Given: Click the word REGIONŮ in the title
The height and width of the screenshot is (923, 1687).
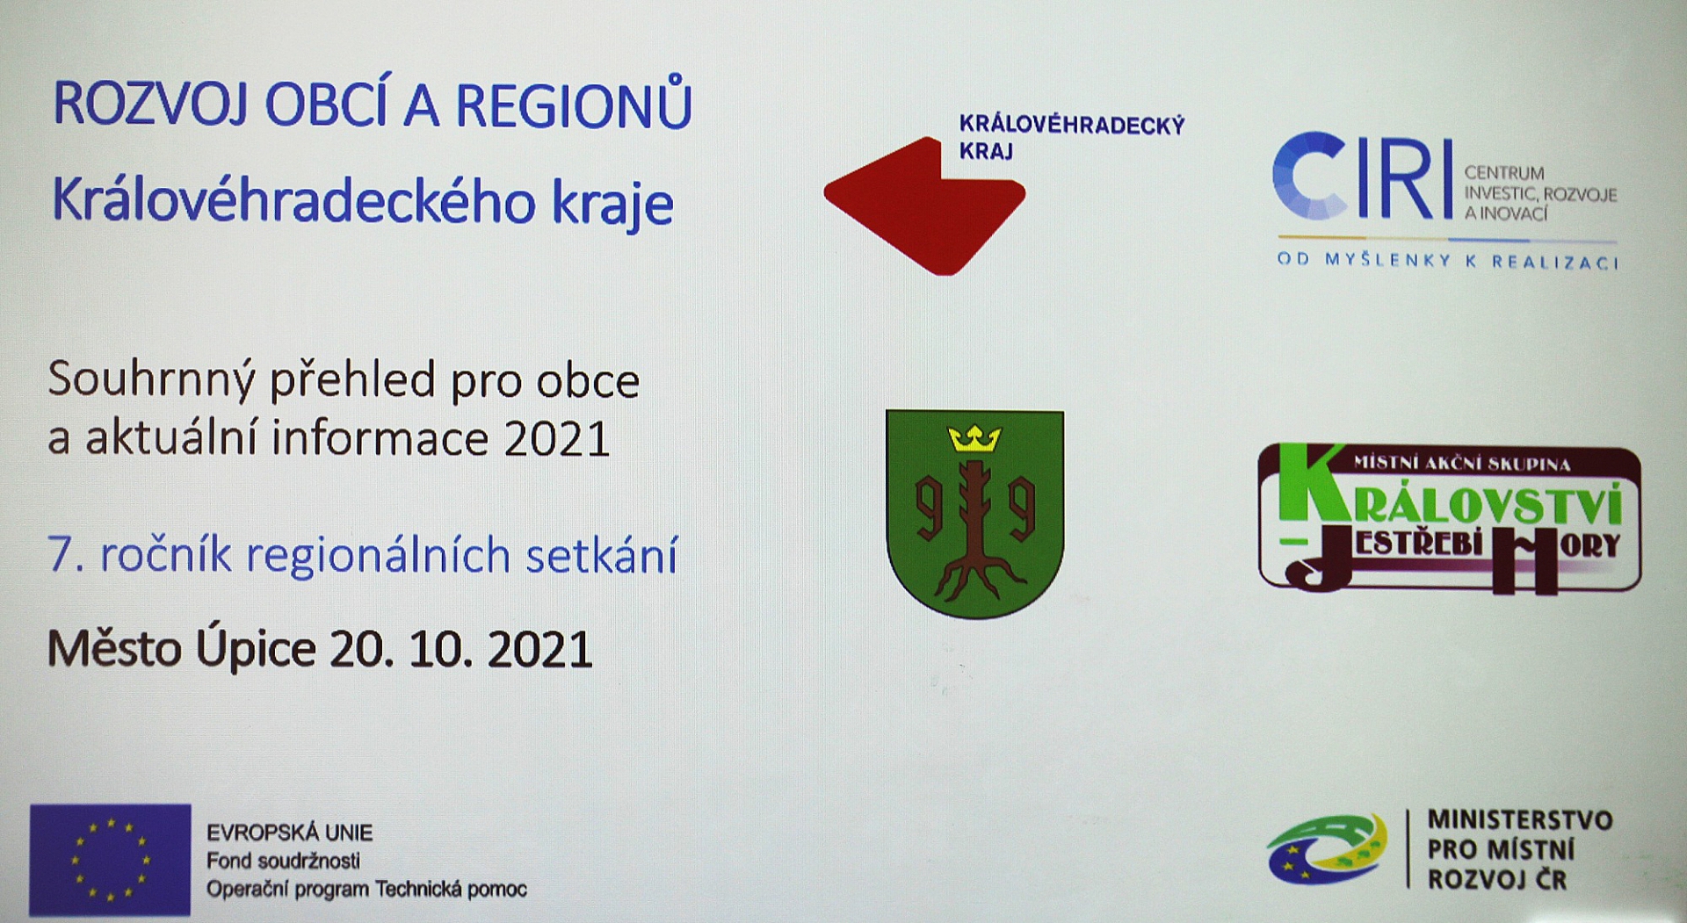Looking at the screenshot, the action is (574, 103).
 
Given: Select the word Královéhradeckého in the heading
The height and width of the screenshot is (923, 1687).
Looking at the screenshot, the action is (293, 201).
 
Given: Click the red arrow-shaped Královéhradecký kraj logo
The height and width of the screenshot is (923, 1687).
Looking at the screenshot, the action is (924, 206).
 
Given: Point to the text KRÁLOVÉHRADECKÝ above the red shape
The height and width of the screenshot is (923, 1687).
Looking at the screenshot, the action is (1072, 125).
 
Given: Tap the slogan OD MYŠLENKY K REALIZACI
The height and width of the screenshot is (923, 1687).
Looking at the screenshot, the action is (1448, 261).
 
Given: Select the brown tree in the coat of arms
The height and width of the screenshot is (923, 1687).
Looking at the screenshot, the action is (974, 529).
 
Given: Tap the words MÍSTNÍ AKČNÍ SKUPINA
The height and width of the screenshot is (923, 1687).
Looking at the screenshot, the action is (1461, 463).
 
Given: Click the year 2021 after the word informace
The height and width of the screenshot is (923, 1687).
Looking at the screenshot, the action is (557, 439).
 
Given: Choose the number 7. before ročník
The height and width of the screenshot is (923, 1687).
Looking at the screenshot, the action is (66, 556).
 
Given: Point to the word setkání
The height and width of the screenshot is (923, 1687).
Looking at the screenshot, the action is (602, 555).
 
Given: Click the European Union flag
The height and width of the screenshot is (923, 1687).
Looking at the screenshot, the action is (110, 860).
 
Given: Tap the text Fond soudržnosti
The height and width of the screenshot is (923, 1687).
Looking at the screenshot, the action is (283, 861).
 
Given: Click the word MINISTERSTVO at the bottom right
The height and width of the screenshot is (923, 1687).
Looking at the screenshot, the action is (1520, 820).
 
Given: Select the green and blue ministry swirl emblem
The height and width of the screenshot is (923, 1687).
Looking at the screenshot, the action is (1328, 849).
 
